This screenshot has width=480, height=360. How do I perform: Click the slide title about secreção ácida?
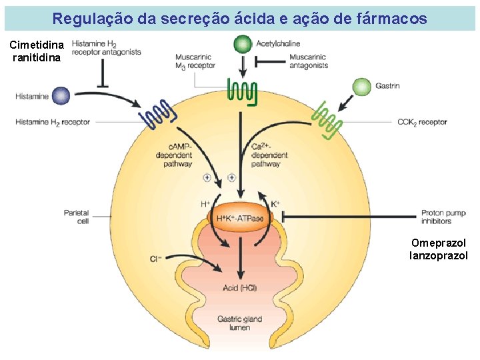[239, 19]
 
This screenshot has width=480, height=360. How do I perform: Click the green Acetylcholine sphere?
[243, 45]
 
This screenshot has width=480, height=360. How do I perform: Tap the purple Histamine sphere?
[61, 96]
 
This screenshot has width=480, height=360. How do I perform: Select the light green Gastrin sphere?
[361, 86]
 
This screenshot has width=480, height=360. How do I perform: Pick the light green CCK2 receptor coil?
[327, 121]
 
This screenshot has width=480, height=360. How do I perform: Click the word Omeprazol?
[439, 243]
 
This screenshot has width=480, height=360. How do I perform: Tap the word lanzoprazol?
[439, 255]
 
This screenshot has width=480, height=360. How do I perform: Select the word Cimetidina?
[37, 45]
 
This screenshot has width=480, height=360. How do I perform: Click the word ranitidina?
[37, 57]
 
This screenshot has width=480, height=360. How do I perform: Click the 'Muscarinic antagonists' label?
[309, 61]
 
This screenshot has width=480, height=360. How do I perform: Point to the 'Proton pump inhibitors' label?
[443, 217]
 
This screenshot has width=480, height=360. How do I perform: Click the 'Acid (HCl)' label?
[240, 288]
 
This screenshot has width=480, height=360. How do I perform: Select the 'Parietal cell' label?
[77, 217]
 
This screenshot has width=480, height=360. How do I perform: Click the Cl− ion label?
[156, 257]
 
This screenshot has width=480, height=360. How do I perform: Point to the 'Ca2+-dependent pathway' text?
[270, 155]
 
